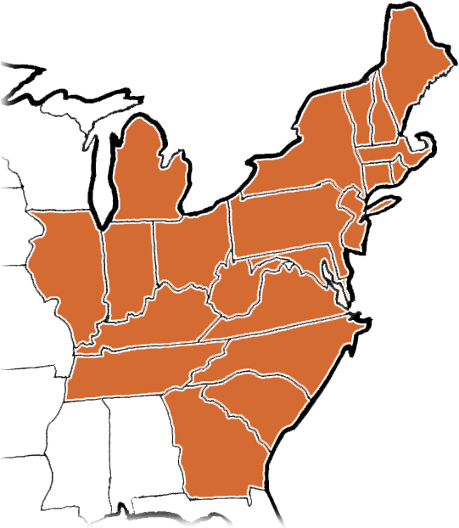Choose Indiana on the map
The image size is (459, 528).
click(129, 263)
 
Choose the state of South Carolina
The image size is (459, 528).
click(255, 403)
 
